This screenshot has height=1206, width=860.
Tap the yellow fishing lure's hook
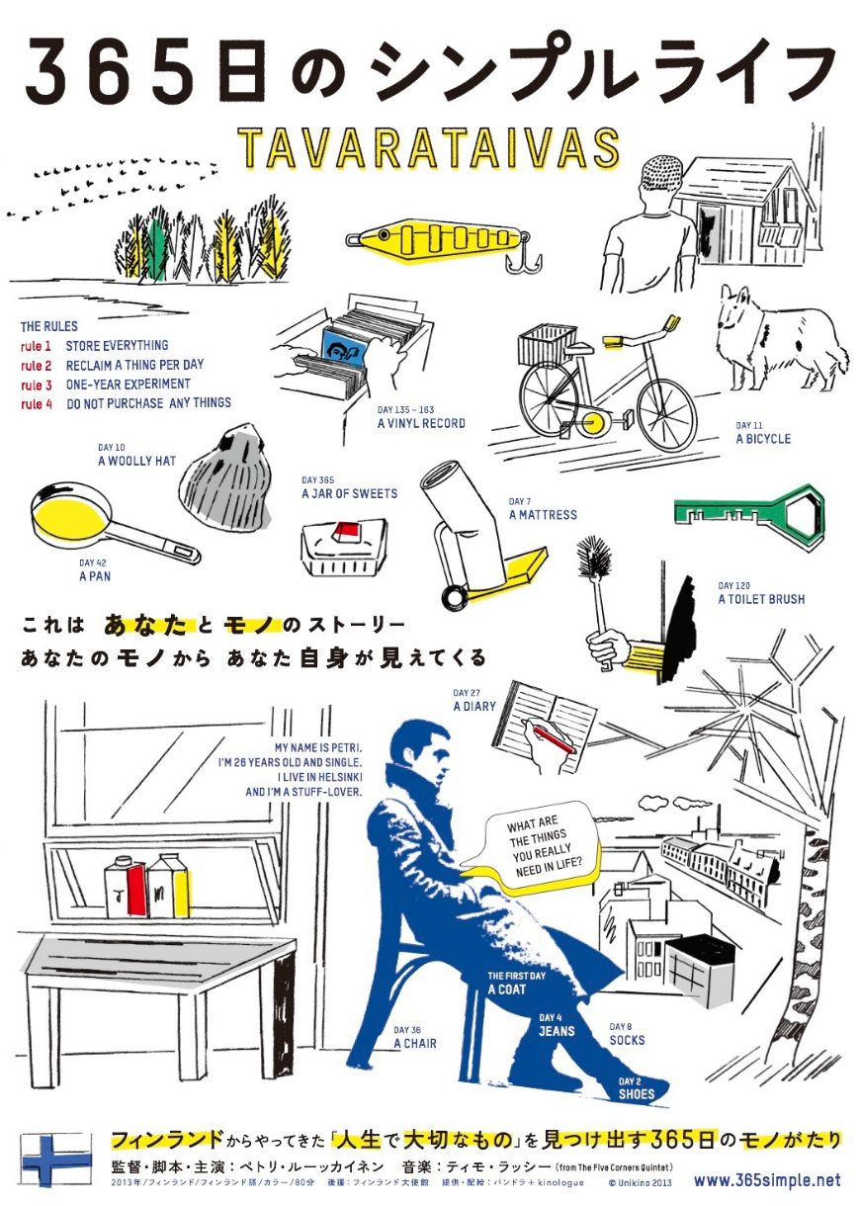(521, 261)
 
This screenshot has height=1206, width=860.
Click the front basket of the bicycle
(546, 345)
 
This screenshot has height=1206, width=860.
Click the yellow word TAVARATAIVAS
(429, 148)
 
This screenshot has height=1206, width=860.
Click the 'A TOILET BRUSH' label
(761, 599)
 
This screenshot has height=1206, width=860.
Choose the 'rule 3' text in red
(36, 385)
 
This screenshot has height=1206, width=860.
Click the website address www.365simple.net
(767, 1180)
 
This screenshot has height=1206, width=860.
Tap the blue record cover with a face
(343, 348)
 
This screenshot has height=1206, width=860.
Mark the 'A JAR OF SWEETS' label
(350, 493)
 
